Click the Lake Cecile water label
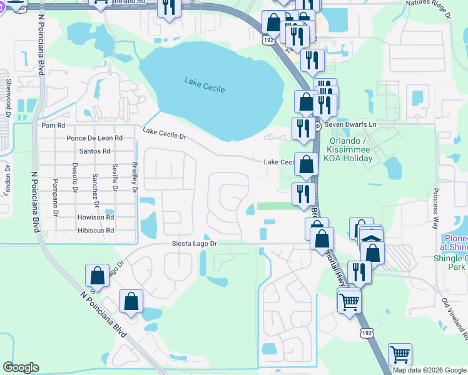205,84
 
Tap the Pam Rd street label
53,126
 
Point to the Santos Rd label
95,151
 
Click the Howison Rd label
96,217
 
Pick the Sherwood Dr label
8,97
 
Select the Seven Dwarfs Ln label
350,125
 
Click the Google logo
21,367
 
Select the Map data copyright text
429,370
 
